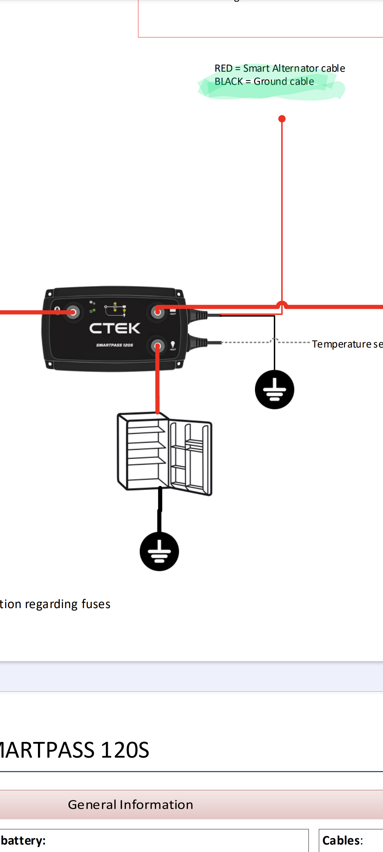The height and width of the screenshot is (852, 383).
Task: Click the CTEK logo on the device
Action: [x=115, y=328]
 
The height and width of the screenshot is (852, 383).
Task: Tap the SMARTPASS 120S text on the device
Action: [x=115, y=345]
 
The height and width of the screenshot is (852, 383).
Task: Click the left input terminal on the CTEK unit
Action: [x=73, y=312]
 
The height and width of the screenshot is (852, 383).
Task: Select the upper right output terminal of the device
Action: [x=157, y=312]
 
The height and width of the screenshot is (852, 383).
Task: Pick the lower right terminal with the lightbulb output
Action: [x=157, y=346]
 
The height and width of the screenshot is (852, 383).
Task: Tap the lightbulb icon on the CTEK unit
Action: [x=173, y=344]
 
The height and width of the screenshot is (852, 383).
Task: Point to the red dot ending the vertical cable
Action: [x=282, y=119]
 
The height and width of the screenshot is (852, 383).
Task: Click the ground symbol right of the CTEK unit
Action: [x=274, y=389]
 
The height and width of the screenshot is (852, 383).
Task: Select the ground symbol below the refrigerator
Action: [x=159, y=551]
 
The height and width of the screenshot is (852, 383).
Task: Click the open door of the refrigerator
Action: [x=191, y=458]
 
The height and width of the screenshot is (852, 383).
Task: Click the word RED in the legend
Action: [x=223, y=68]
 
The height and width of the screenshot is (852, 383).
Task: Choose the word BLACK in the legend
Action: [x=229, y=82]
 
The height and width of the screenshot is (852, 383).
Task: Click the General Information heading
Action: [x=131, y=804]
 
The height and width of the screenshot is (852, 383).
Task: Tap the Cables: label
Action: [x=343, y=840]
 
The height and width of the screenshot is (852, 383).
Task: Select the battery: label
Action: [x=23, y=840]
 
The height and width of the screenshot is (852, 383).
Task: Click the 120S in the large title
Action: [x=125, y=750]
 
